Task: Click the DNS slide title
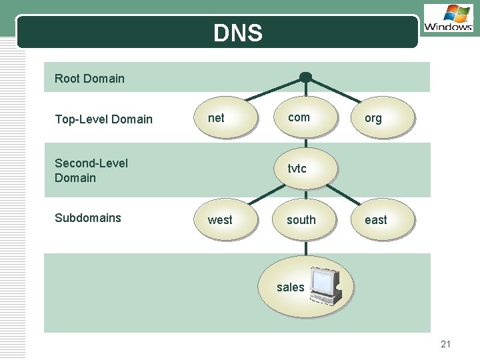pyautogui.click(x=238, y=33)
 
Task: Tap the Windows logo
pyautogui.click(x=448, y=18)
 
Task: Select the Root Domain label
pyautogui.click(x=89, y=79)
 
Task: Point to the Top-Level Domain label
pyautogui.click(x=103, y=119)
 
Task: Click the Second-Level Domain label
pyautogui.click(x=91, y=170)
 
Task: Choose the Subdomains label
pyautogui.click(x=88, y=218)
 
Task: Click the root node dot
pyautogui.click(x=305, y=77)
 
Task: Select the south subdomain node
pyautogui.click(x=304, y=219)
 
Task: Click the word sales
pyautogui.click(x=290, y=287)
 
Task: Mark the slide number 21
pyautogui.click(x=446, y=344)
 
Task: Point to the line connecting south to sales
pyautogui.click(x=305, y=248)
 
